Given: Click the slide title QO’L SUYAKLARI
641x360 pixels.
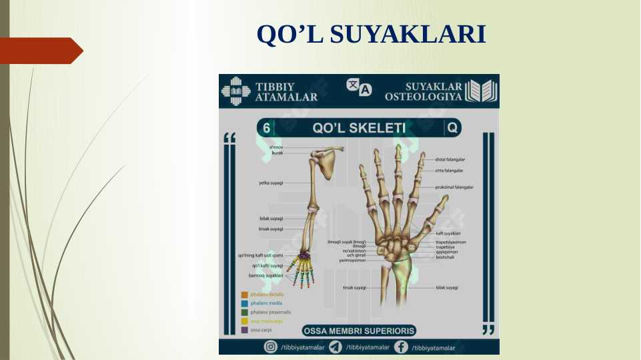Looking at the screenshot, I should [371, 35].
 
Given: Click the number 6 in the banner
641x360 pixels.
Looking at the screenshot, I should [267, 127].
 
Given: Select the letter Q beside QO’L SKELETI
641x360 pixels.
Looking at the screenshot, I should [453, 127].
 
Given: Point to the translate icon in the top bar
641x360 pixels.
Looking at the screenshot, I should [359, 87].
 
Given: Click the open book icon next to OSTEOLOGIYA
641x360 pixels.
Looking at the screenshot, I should [481, 91].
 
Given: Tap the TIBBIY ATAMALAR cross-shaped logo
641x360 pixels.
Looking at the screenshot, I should [235, 91].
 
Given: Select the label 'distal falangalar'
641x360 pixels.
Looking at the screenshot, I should [450, 160].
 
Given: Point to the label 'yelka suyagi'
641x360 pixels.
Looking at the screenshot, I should [271, 183].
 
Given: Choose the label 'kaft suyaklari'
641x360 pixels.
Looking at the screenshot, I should [448, 233].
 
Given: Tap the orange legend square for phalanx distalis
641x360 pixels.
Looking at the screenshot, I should [245, 294].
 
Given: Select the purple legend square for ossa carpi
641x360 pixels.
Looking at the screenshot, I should [245, 329].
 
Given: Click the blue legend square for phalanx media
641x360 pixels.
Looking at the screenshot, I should [245, 303].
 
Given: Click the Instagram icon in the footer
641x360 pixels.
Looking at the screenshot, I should [271, 347].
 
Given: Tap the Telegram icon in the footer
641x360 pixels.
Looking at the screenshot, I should [336, 347].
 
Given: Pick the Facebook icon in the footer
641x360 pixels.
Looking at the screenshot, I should [401, 347].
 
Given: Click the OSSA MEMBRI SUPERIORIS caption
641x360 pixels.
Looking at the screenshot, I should [359, 331].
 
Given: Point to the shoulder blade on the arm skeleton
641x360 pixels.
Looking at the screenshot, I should [328, 165].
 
